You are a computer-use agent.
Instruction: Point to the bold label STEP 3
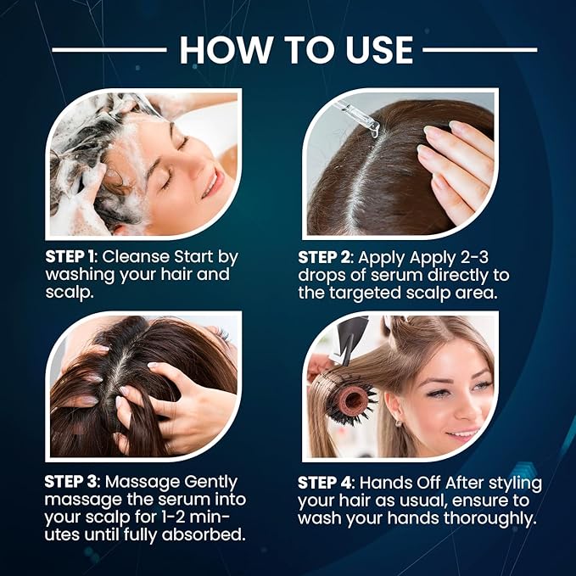73,482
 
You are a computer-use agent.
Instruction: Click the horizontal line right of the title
479,50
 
